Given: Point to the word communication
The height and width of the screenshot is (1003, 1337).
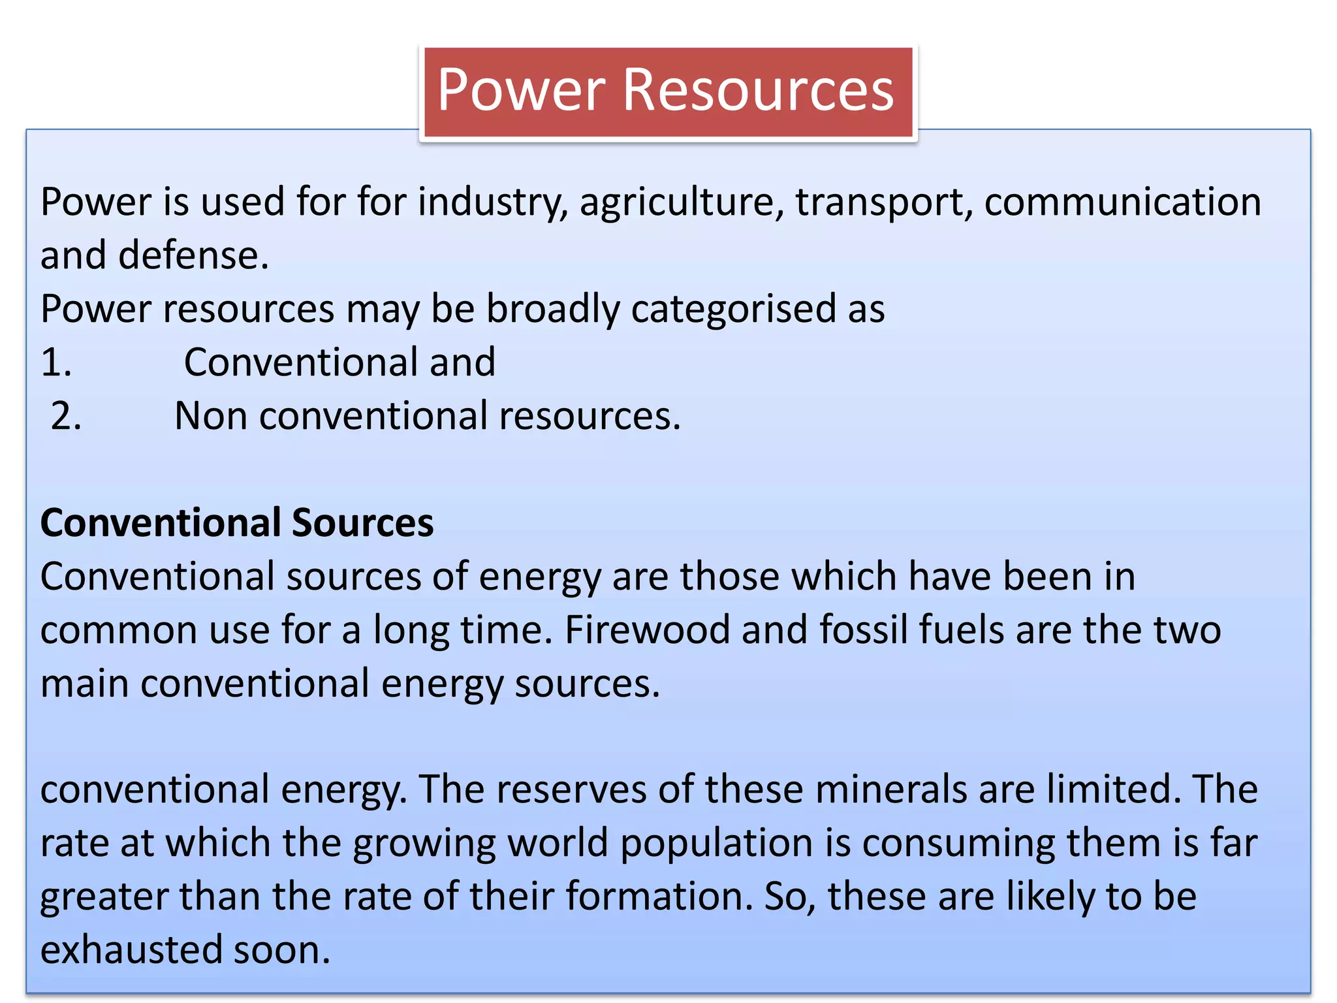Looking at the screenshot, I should [x=1122, y=202].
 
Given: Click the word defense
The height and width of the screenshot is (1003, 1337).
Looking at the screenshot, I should [x=193, y=255].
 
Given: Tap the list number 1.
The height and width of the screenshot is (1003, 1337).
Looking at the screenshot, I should [x=56, y=362].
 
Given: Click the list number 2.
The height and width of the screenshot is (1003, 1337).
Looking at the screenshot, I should [x=66, y=416].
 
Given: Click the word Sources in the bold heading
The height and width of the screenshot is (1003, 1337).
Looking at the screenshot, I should [x=362, y=523].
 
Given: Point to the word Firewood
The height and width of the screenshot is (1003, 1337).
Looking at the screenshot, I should [x=647, y=630].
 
